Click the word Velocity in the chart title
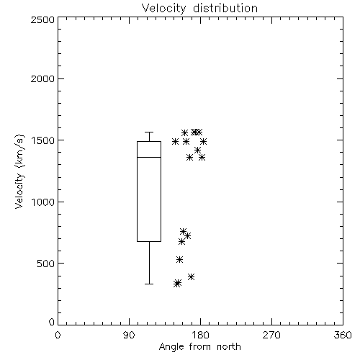(164, 9)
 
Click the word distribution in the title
(225, 8)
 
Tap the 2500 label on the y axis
(42, 19)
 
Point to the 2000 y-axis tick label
(42, 78)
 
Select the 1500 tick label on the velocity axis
(43, 140)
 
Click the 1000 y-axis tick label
(43, 202)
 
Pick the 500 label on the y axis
(46, 264)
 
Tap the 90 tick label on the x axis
(129, 335)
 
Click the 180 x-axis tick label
(200, 335)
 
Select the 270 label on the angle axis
(271, 335)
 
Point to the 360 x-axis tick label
(343, 335)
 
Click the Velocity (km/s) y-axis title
(19, 171)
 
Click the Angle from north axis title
(200, 347)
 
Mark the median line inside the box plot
(149, 157)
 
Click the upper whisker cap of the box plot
(149, 132)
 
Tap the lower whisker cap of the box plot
(149, 284)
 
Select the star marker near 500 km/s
(179, 259)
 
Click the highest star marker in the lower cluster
(183, 231)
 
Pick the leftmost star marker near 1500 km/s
(176, 141)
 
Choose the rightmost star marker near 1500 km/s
(204, 141)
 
